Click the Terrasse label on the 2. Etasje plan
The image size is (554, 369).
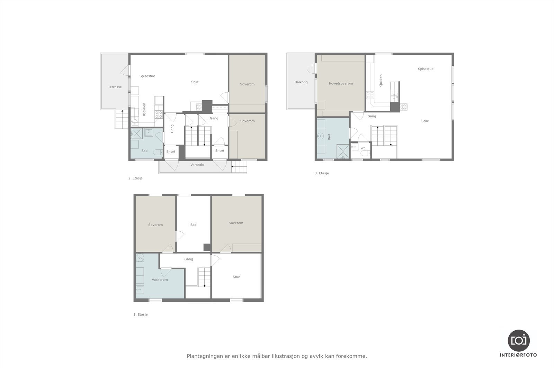(x=115, y=87)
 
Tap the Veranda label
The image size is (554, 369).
(x=197, y=165)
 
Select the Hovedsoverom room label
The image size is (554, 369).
(x=341, y=83)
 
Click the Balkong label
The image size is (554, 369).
(x=301, y=82)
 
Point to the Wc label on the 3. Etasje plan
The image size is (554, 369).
(x=363, y=148)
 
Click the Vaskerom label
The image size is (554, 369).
(x=160, y=280)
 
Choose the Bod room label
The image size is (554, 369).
(x=193, y=225)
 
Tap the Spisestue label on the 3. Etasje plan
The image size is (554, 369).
(x=426, y=69)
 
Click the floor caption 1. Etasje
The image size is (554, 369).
(x=141, y=315)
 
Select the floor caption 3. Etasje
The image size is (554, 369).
(x=322, y=173)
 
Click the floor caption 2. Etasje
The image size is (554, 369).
(x=135, y=178)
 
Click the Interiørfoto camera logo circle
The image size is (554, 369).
(x=518, y=340)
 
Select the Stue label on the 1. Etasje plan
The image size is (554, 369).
(x=236, y=277)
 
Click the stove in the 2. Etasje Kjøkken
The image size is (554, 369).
(x=159, y=114)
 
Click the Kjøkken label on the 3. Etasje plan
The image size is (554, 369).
(x=381, y=81)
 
